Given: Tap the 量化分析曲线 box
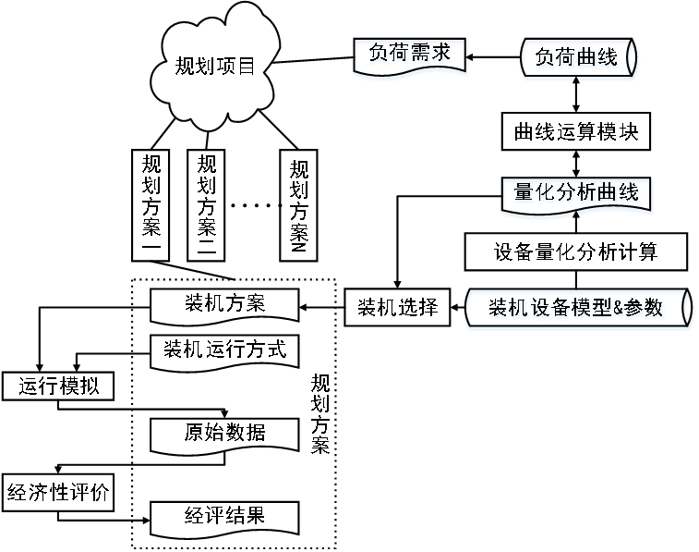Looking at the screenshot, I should (576, 195).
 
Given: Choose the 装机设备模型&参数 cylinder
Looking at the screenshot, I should (578, 309).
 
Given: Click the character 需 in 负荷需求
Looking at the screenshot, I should (421, 55).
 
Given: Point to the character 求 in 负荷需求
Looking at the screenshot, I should (442, 55).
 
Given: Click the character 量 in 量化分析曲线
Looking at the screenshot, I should (524, 193).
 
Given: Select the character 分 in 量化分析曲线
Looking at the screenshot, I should (566, 193).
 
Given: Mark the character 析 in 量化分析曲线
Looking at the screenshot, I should (587, 193).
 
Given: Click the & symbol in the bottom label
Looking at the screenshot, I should (619, 309).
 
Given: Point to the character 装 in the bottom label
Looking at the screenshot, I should (499, 309).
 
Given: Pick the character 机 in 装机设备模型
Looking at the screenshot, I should (520, 309).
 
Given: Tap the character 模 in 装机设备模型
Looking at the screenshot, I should (582, 309).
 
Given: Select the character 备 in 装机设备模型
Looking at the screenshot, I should (561, 309).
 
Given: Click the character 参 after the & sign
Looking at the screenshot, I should (634, 309).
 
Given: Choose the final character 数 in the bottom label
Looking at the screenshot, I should (655, 309).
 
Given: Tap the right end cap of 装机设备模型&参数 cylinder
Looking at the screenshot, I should (688, 309).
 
